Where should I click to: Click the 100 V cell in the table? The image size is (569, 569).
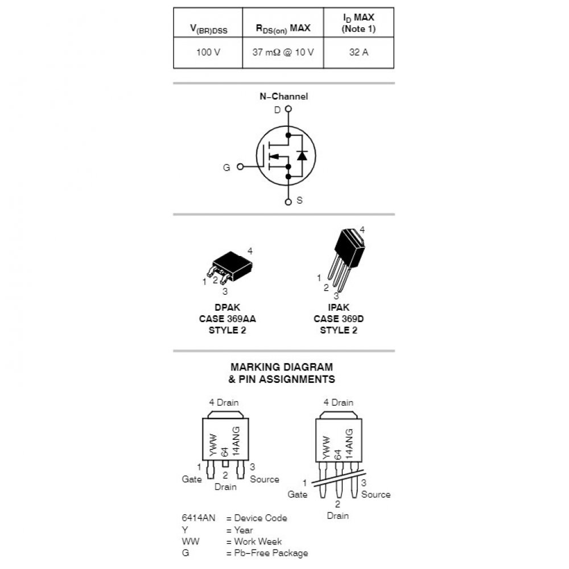208,52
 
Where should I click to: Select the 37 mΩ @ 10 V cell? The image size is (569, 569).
283,52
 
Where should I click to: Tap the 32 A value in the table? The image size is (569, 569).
358,52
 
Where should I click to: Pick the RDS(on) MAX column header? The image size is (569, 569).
283,28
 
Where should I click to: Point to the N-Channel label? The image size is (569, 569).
283,97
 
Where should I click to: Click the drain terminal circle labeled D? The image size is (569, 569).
288,109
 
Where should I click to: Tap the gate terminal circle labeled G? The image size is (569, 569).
240,167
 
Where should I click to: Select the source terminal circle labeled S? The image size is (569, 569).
288,200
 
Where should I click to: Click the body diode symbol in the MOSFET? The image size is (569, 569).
302,154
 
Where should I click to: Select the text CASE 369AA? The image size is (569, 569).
227,319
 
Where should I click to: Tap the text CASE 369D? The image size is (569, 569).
339,319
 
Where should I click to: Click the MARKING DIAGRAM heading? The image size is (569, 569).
282,367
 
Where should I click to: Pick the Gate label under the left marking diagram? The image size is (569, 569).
192,479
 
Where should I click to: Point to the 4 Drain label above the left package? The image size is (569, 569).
224,402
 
